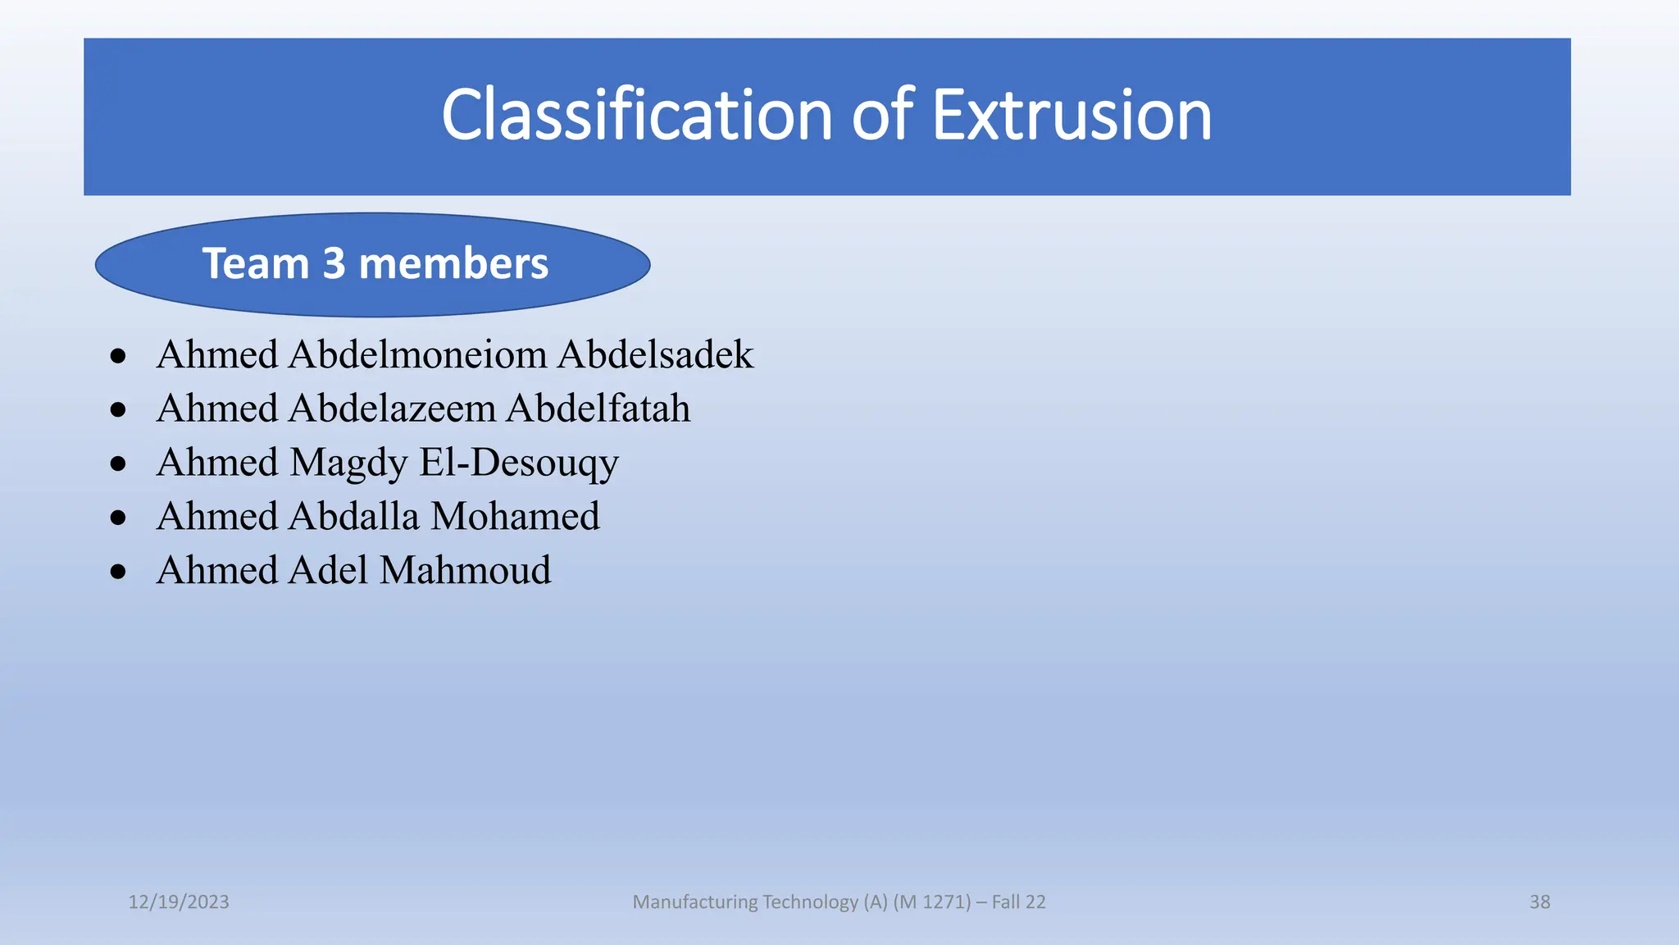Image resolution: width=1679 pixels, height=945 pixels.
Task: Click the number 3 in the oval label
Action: pyautogui.click(x=334, y=264)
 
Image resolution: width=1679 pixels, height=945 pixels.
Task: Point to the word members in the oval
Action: pyautogui.click(x=453, y=264)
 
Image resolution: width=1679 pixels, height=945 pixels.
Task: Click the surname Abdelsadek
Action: pyautogui.click(x=655, y=354)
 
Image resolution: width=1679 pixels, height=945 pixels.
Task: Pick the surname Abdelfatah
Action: pyautogui.click(x=598, y=409)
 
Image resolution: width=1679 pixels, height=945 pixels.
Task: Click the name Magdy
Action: pyautogui.click(x=348, y=463)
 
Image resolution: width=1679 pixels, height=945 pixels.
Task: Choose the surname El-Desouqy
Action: pyautogui.click(x=519, y=463)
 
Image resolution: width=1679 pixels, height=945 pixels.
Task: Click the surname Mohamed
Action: pyautogui.click(x=516, y=517)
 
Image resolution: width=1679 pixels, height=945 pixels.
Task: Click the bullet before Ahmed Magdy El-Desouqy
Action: pyautogui.click(x=118, y=463)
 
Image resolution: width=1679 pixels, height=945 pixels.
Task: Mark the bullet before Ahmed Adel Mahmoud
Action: pyautogui.click(x=118, y=572)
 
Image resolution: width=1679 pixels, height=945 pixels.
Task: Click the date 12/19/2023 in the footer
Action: pyautogui.click(x=179, y=902)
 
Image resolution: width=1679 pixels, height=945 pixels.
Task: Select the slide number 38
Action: pyautogui.click(x=1540, y=902)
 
